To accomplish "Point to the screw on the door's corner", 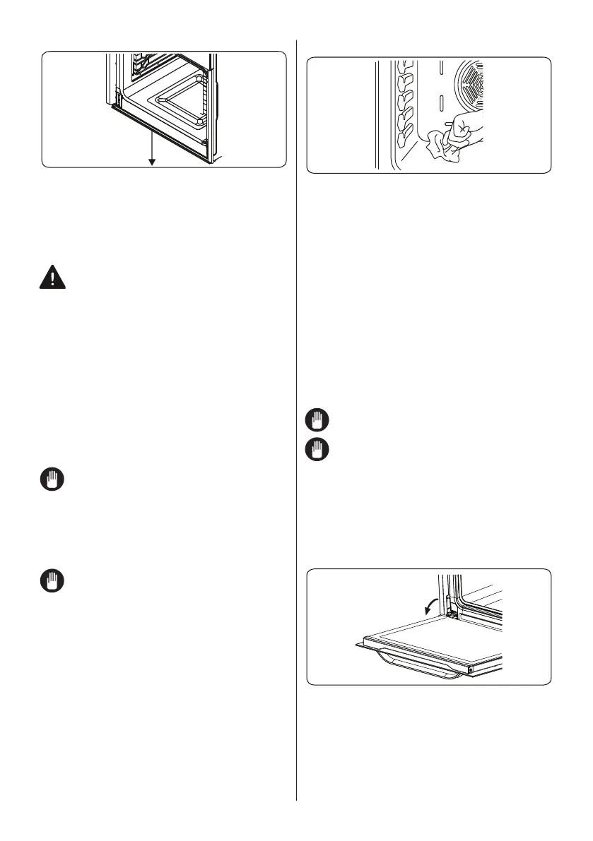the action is tap(469, 667).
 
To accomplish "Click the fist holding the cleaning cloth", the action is tap(462, 131).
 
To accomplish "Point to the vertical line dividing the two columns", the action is tap(296, 424).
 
